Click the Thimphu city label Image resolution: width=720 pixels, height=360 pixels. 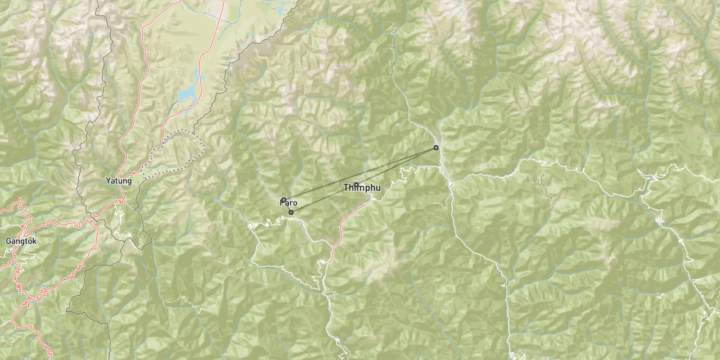pos(362,188)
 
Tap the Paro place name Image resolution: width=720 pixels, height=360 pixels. pos(289,202)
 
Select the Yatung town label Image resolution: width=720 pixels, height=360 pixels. pos(119,181)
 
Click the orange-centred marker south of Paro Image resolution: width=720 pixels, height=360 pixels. pos(291,212)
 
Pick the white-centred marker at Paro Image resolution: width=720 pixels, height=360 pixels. pos(284,200)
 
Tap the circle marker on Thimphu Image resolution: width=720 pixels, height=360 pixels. pos(356,184)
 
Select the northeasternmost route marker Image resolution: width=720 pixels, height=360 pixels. pos(436,147)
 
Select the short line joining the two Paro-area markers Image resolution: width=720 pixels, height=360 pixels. pos(287,206)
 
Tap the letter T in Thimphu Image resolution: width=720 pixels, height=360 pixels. pos(346,188)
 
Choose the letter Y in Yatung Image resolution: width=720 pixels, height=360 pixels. pos(108,181)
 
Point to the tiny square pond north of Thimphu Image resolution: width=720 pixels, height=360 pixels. pos(398,124)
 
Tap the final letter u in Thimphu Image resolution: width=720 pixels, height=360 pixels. pos(379,188)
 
